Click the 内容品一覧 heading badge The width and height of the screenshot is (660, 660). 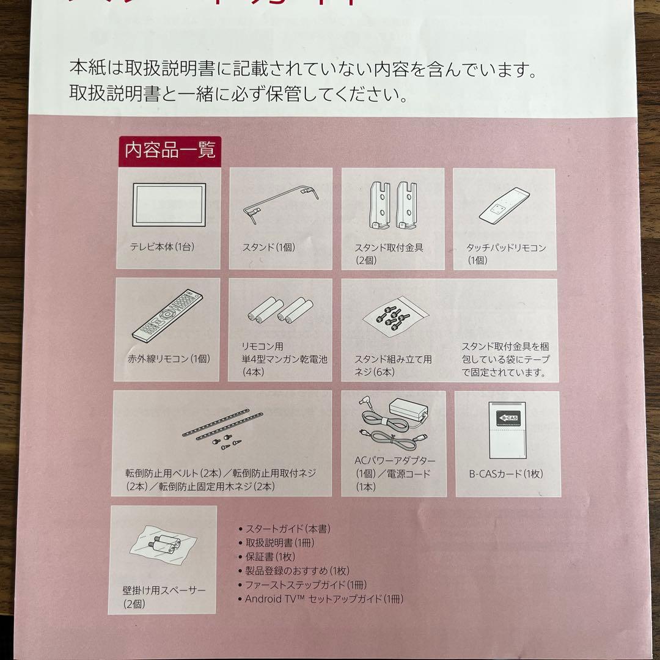170,150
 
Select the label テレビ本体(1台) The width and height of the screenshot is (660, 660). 162,248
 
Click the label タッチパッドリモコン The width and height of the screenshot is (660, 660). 506,248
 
